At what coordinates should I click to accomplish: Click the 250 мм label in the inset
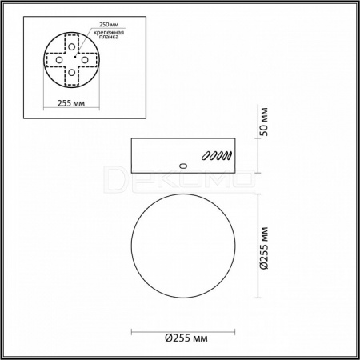tap(109, 25)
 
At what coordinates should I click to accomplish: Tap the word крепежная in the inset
tap(109, 33)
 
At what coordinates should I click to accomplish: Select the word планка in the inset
tap(109, 37)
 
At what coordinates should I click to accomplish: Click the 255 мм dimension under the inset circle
tap(71, 103)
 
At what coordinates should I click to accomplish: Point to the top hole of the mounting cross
tap(71, 47)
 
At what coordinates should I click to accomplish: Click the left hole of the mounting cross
tap(59, 60)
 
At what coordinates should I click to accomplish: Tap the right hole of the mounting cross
tap(85, 60)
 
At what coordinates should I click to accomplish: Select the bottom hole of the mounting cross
tap(71, 72)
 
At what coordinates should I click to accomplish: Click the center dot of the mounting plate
tap(75, 57)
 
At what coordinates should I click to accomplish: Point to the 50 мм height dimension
tap(265, 122)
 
